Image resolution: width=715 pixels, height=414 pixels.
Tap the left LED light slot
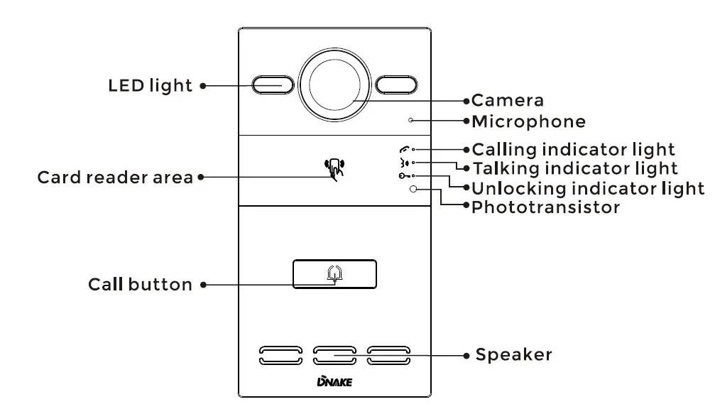pyautogui.click(x=273, y=85)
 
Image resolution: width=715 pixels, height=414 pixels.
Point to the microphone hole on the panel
pyautogui.click(x=410, y=121)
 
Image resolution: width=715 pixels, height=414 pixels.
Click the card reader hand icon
pyautogui.click(x=334, y=169)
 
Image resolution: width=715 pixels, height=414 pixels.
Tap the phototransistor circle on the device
pyautogui.click(x=413, y=190)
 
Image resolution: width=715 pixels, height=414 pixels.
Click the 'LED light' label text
pyautogui.click(x=150, y=86)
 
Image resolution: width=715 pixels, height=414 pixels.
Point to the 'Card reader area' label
pyautogui.click(x=115, y=177)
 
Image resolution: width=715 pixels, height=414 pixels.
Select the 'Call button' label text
pyautogui.click(x=140, y=285)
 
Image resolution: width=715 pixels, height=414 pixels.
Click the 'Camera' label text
pyautogui.click(x=508, y=101)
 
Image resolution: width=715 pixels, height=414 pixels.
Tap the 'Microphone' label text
pyautogui.click(x=529, y=121)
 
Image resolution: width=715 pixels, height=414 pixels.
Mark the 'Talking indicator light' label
pyautogui.click(x=575, y=169)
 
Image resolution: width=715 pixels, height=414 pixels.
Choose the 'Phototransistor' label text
pyautogui.click(x=545, y=208)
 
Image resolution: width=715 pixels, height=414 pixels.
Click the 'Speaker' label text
pyautogui.click(x=513, y=354)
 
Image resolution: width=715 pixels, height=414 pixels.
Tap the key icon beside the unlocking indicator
pyautogui.click(x=403, y=176)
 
